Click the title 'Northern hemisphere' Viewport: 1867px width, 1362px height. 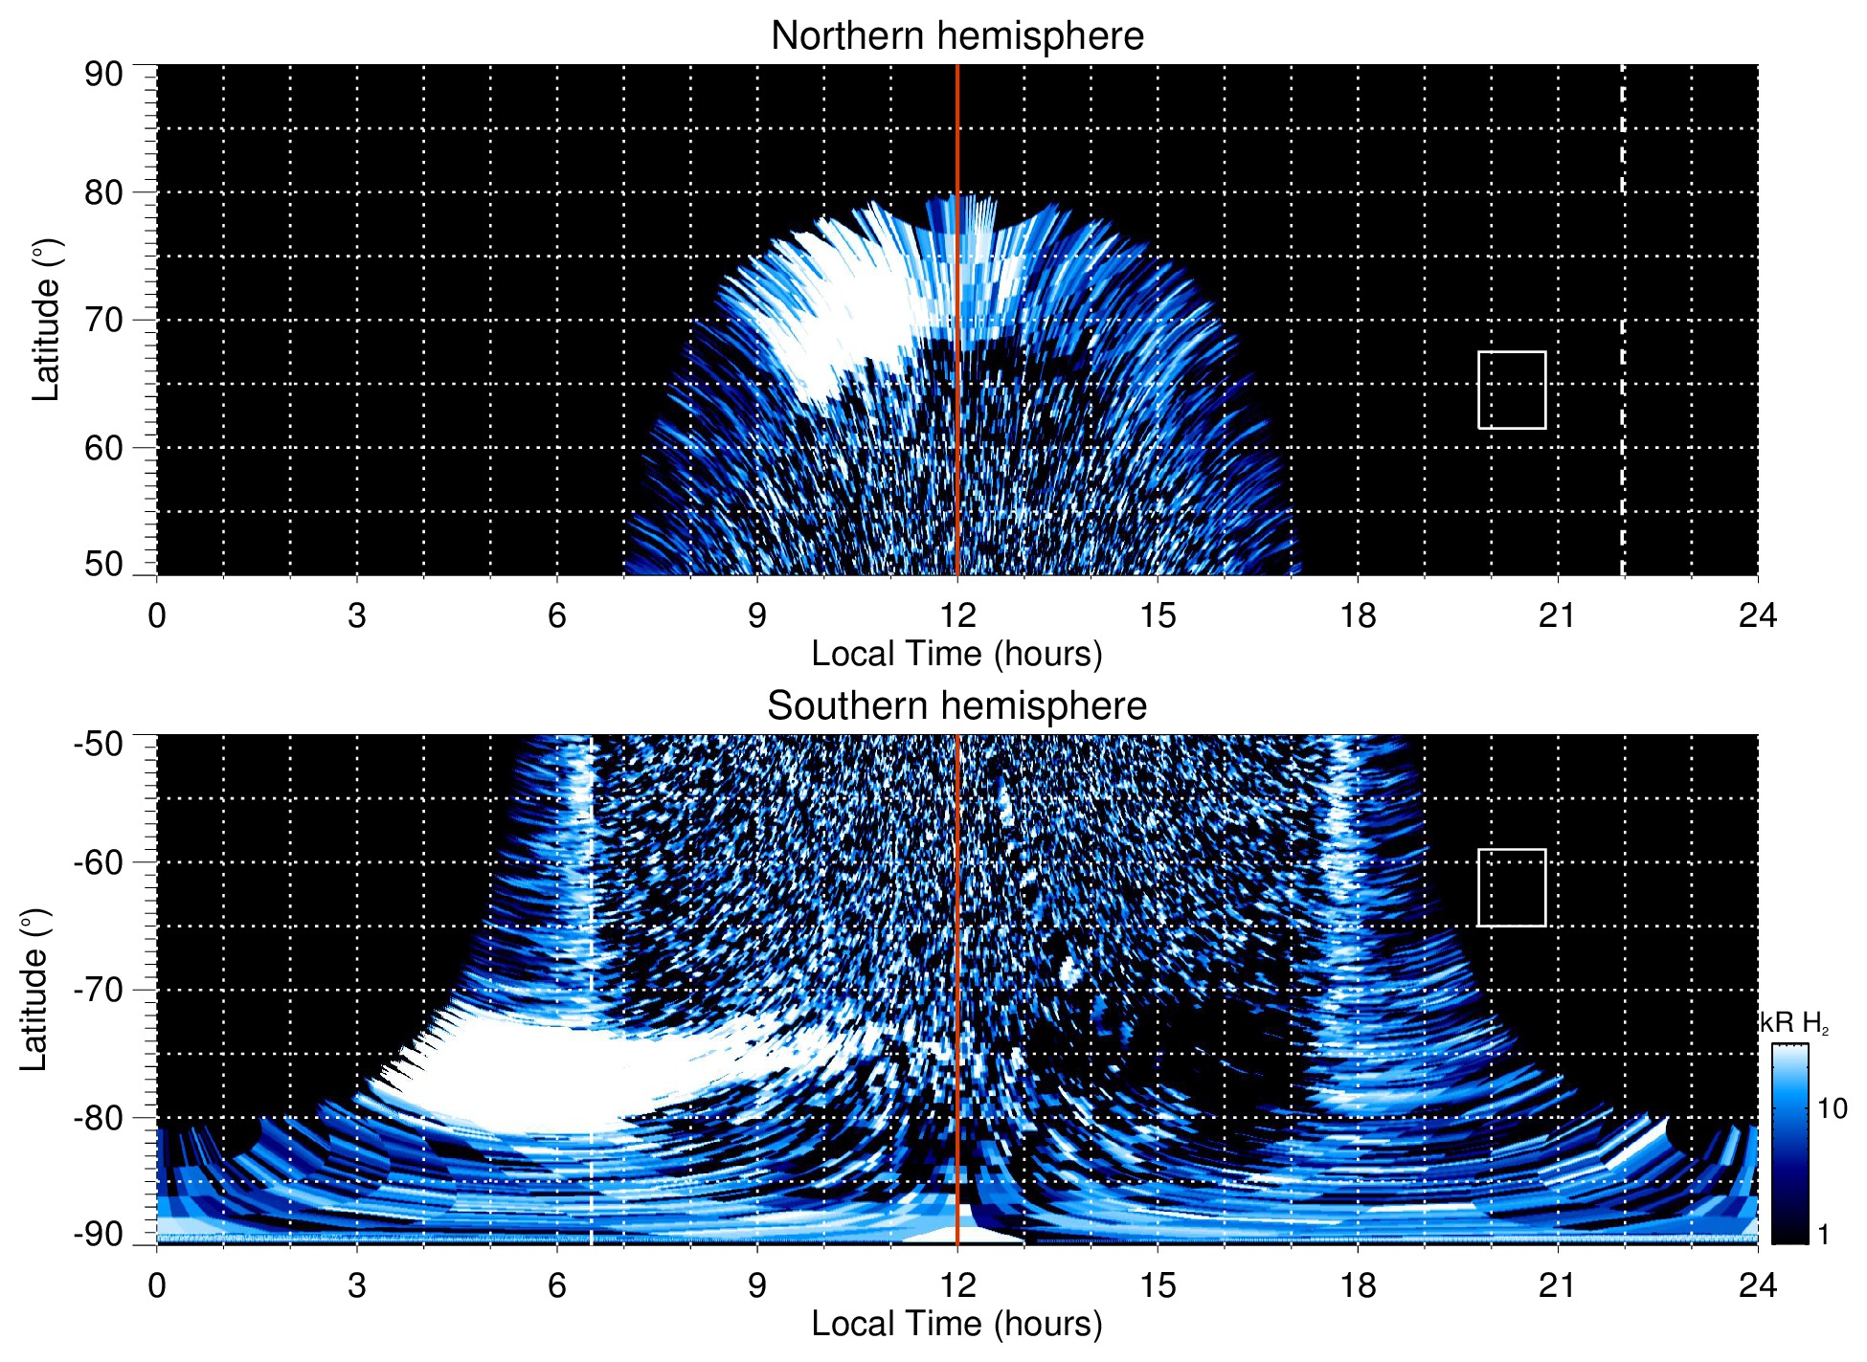[956, 36]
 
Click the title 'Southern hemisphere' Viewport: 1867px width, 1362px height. [956, 706]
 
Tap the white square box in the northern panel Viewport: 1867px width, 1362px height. [1512, 390]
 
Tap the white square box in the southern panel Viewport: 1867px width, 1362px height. [1512, 887]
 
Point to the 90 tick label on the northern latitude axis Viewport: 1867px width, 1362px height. [103, 75]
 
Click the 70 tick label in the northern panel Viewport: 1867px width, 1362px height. [103, 320]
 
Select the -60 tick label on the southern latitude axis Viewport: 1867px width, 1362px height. [99, 861]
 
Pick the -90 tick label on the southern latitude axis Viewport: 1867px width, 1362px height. [99, 1235]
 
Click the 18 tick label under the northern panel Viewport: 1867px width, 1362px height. [1358, 615]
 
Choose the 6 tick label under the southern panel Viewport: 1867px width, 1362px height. [556, 1285]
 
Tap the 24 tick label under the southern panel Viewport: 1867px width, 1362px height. [1757, 1285]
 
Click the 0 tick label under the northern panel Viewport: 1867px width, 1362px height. [157, 615]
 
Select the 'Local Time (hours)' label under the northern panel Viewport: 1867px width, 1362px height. [956, 654]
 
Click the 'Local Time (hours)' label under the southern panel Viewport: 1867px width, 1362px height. [956, 1324]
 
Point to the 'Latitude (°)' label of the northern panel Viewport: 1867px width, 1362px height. [46, 320]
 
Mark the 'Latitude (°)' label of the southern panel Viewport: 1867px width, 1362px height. [34, 990]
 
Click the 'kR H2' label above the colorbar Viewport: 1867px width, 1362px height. [1794, 1023]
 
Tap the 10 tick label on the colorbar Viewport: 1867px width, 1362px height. [1833, 1108]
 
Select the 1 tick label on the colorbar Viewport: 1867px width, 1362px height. [1823, 1235]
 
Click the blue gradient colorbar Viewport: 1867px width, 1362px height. [1789, 1144]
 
